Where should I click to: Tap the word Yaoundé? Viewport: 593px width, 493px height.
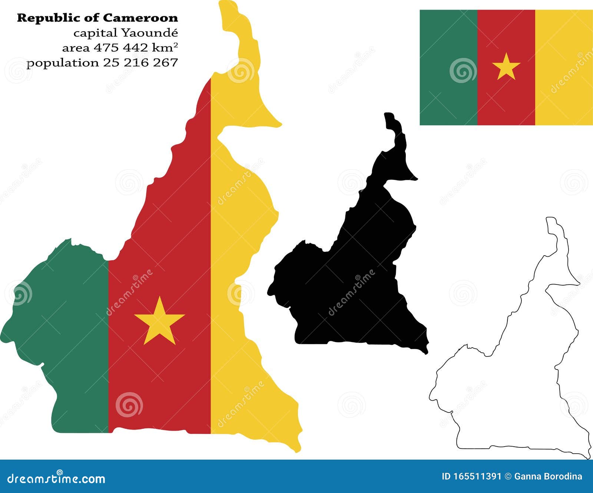point(150,33)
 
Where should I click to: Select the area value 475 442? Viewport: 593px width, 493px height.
point(121,48)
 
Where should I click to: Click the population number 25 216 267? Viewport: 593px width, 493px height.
point(140,63)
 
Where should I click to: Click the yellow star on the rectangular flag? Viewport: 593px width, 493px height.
point(506,67)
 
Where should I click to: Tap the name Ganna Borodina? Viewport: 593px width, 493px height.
point(548,477)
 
